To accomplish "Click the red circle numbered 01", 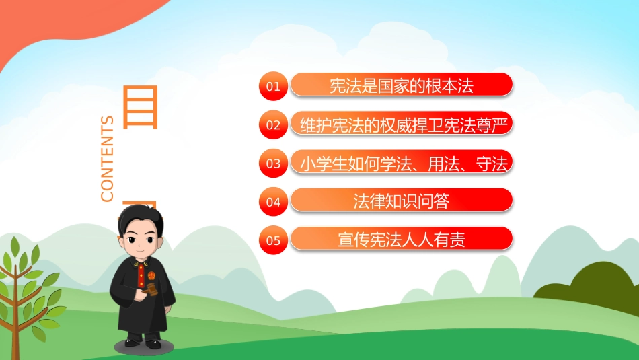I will [273, 86].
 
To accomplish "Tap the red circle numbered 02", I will [273, 124].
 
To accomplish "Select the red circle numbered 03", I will [273, 163].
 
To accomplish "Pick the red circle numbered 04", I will [273, 201].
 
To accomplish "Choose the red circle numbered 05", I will [273, 240].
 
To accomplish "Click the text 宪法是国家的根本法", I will [402, 85].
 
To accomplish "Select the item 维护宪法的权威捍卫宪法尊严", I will [402, 124].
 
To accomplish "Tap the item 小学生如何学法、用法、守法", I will [402, 162].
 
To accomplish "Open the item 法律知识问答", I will [402, 201].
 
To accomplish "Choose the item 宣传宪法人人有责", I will [402, 239].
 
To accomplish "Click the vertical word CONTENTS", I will [108, 159].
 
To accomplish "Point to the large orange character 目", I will [140, 107].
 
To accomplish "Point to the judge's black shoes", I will [143, 343].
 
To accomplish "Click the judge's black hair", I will [140, 219].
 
